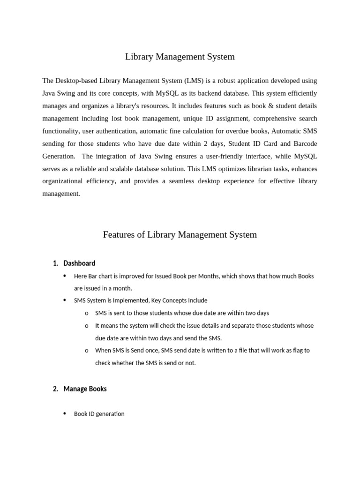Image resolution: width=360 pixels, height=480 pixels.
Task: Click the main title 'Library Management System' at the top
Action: pos(180,57)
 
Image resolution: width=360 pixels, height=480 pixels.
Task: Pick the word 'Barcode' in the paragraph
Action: pos(306,143)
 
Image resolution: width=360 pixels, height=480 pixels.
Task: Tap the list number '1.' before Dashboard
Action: pos(55,263)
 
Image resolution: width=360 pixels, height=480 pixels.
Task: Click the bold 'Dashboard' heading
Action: pos(79,263)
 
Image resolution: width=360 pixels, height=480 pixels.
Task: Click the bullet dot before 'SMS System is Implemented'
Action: pos(64,300)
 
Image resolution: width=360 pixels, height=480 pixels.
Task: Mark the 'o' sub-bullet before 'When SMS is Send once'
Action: pos(87,350)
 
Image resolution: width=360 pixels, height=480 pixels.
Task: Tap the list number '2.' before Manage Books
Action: pos(55,389)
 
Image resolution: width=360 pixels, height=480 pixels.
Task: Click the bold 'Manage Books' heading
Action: pos(85,389)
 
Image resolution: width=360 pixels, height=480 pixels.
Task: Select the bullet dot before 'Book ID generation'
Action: pos(64,414)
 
